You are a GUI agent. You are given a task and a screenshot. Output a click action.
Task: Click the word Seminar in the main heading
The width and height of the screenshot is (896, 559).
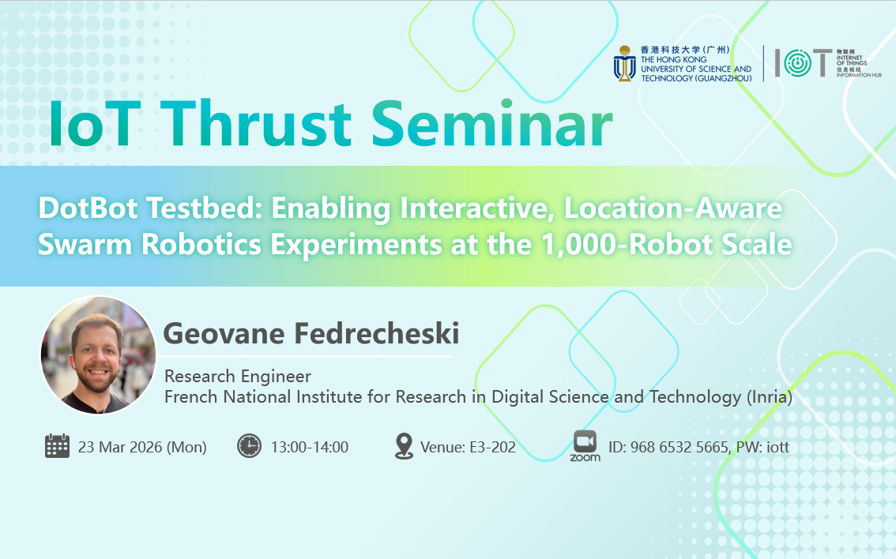pyautogui.click(x=492, y=123)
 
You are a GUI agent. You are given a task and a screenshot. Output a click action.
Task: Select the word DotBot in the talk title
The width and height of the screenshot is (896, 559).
pyautogui.click(x=88, y=208)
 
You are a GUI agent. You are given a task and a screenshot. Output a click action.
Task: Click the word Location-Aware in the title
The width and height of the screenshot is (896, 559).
pyautogui.click(x=673, y=208)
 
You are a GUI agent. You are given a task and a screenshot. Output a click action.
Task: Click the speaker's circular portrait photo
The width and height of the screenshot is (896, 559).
pyautogui.click(x=98, y=355)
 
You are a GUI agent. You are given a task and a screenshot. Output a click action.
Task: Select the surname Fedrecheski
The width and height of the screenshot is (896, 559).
pyautogui.click(x=377, y=333)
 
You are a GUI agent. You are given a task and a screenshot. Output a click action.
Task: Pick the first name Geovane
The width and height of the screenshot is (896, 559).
pyautogui.click(x=224, y=333)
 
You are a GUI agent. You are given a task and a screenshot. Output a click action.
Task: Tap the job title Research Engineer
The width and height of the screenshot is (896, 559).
pyautogui.click(x=238, y=377)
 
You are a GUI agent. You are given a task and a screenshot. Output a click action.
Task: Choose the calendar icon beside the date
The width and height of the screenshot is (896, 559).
pyautogui.click(x=57, y=445)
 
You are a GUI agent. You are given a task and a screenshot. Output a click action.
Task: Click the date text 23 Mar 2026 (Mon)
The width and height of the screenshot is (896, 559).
pyautogui.click(x=142, y=447)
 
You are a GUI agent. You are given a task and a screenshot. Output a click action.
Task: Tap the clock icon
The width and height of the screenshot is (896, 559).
pyautogui.click(x=249, y=445)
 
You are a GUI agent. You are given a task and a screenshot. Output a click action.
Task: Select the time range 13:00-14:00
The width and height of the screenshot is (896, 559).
pyautogui.click(x=310, y=447)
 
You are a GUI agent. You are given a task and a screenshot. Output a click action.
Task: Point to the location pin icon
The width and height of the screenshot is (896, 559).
pyautogui.click(x=404, y=446)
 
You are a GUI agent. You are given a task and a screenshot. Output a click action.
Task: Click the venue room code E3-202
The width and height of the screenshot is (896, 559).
pyautogui.click(x=492, y=447)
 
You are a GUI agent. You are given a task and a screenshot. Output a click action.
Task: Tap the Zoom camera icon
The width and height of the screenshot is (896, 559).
pyautogui.click(x=585, y=441)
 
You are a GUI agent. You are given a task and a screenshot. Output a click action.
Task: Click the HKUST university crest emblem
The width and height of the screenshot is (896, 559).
pyautogui.click(x=624, y=63)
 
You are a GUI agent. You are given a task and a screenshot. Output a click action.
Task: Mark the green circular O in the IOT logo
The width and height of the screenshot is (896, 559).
pyautogui.click(x=797, y=63)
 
